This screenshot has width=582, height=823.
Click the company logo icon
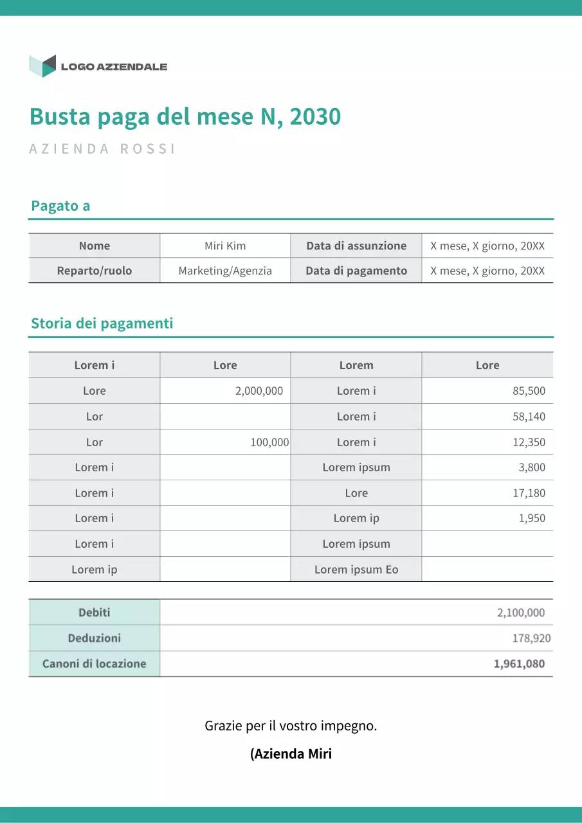42,66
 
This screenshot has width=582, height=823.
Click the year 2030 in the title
315,117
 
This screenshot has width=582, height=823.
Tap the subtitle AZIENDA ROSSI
102,149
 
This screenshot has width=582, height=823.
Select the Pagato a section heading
60,206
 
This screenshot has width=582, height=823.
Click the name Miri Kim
225,246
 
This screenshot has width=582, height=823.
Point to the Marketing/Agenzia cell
225,271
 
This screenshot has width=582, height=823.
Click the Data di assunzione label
356,246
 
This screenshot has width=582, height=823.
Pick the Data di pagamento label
356,271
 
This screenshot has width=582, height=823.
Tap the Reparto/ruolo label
95,271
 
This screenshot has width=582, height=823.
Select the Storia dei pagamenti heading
102,323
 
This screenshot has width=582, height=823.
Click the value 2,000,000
259,391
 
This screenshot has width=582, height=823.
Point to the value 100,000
269,442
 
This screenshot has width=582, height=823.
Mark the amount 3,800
532,467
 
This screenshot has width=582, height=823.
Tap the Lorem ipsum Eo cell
356,570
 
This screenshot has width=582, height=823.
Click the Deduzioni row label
95,638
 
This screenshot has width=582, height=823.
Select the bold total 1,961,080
519,664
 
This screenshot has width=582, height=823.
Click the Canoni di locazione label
95,664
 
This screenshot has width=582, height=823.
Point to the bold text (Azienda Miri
291,754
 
